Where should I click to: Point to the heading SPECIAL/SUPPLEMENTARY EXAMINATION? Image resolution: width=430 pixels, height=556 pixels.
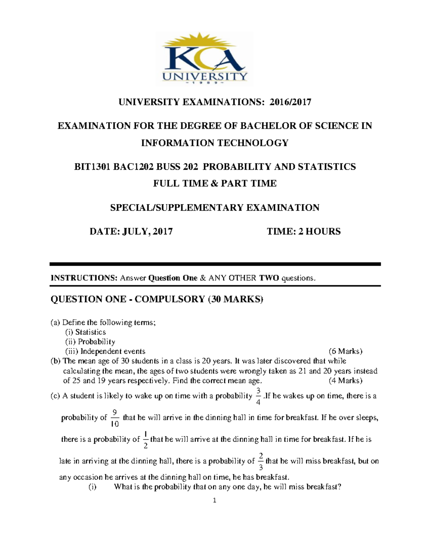click(x=215, y=208)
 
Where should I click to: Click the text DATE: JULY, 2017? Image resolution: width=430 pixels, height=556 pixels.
click(x=131, y=231)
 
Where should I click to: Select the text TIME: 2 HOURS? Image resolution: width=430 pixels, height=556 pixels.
click(x=304, y=231)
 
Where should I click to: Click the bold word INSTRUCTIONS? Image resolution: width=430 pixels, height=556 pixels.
click(x=84, y=278)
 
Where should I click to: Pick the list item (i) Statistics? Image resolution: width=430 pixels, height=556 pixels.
click(x=85, y=332)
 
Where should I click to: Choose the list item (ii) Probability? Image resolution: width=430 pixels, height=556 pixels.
click(x=90, y=342)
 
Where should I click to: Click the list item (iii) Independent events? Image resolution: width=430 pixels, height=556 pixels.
click(x=105, y=351)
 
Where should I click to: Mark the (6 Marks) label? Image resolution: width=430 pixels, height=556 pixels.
click(x=345, y=351)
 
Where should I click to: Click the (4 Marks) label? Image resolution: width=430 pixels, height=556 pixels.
click(x=345, y=381)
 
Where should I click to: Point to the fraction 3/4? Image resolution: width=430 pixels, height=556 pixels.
click(x=259, y=396)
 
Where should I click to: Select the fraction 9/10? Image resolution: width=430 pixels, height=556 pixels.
click(x=115, y=418)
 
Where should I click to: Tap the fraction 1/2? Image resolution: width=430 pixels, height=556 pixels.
click(x=145, y=440)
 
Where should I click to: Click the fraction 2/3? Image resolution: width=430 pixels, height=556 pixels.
click(x=261, y=461)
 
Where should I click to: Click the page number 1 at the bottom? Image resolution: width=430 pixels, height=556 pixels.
click(x=214, y=501)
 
